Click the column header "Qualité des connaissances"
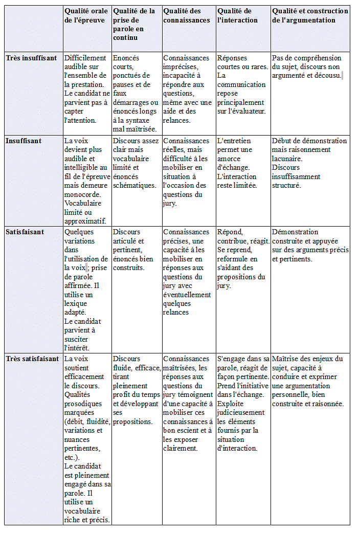(187, 15)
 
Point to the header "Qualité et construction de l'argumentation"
(310, 15)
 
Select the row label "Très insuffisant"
(31, 58)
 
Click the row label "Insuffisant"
(24, 141)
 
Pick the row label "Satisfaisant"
(25, 232)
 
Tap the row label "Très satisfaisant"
(32, 359)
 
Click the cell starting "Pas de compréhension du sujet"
(307, 67)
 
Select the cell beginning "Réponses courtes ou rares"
(241, 84)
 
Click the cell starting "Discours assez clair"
(136, 163)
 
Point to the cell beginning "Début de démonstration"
(309, 163)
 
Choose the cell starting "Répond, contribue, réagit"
(242, 259)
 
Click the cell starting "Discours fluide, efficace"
(136, 390)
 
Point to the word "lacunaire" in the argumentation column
(287, 159)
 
